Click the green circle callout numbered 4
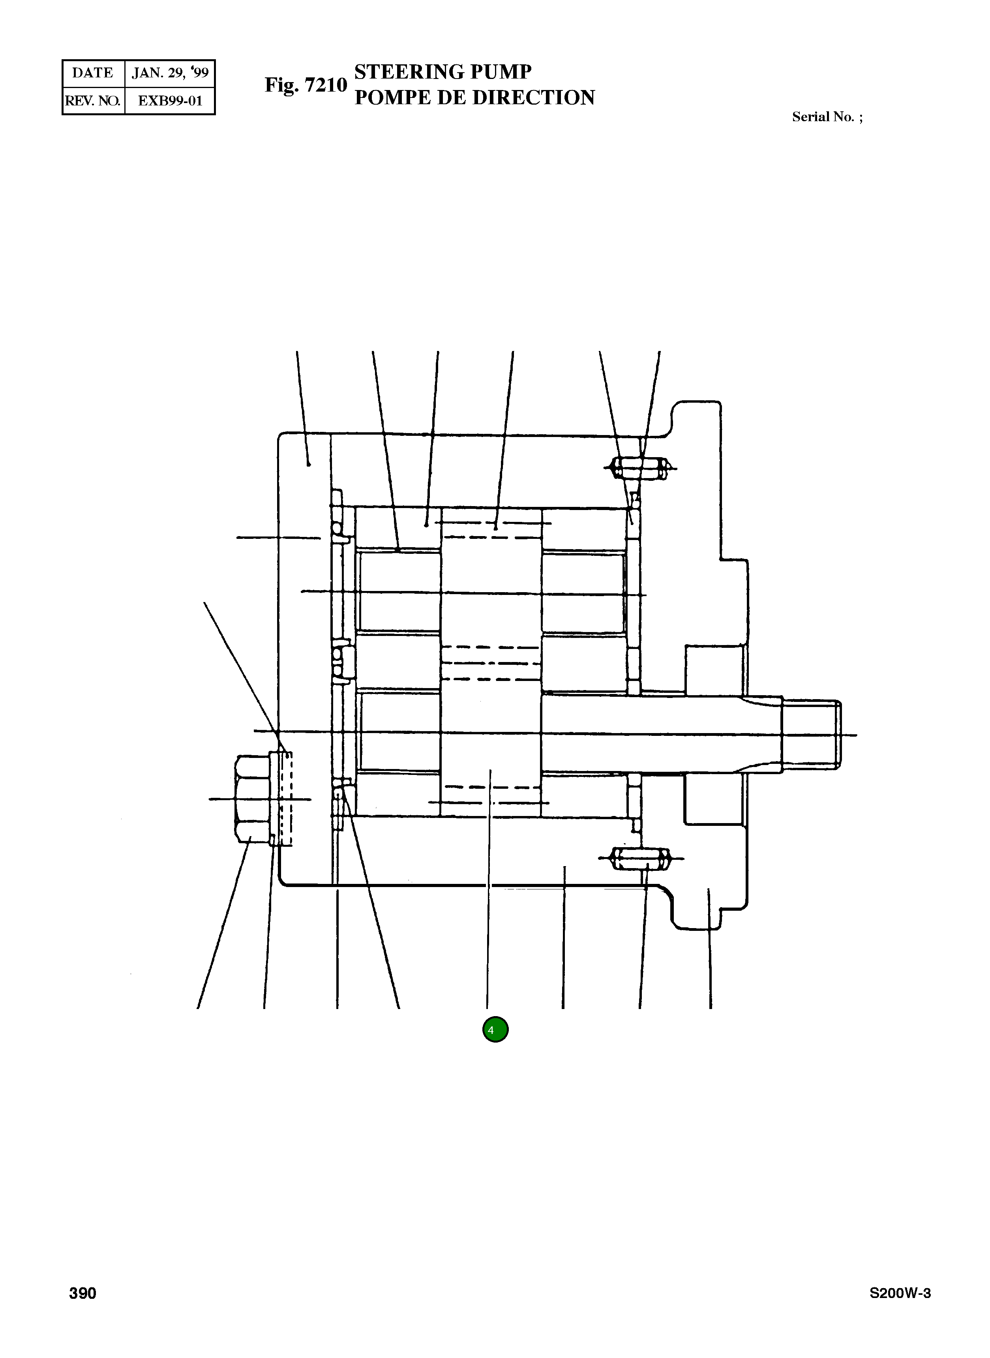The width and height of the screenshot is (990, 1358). [x=495, y=1030]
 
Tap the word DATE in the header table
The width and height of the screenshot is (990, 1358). [x=92, y=73]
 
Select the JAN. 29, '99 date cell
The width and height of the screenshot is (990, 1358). [x=170, y=73]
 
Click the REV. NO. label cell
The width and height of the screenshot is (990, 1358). [x=93, y=101]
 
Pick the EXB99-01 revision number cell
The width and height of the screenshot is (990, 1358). [x=170, y=101]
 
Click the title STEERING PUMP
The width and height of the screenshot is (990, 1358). [x=443, y=72]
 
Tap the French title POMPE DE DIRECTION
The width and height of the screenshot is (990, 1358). [x=474, y=98]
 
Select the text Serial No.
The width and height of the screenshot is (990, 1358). [x=823, y=117]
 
